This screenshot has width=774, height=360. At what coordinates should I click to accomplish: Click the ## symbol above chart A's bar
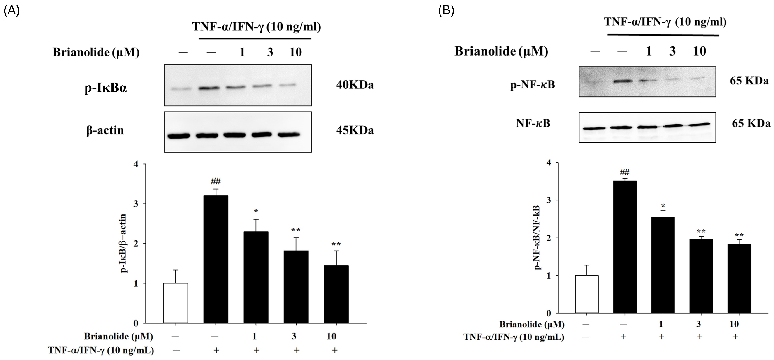(x=216, y=181)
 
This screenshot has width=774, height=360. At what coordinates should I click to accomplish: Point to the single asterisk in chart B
(x=663, y=206)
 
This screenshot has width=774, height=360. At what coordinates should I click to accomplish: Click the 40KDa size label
(x=355, y=85)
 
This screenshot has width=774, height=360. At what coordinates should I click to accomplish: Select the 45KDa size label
(x=355, y=130)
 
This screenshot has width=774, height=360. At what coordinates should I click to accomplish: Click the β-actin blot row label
(x=105, y=130)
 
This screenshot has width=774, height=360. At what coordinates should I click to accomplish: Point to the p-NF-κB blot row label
(x=532, y=85)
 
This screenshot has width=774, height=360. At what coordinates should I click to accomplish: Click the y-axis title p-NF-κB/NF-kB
(x=538, y=237)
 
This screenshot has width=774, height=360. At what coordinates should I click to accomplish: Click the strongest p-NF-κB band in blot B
(x=621, y=81)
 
